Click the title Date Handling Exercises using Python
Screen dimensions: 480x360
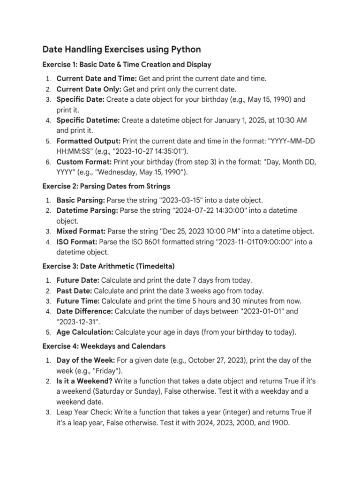(x=121, y=49)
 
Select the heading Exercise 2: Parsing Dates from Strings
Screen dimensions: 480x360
(x=106, y=186)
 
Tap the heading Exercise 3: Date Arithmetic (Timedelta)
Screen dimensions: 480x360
(x=108, y=266)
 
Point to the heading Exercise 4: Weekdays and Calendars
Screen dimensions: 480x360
(x=104, y=346)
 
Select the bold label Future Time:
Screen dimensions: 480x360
(x=78, y=301)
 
